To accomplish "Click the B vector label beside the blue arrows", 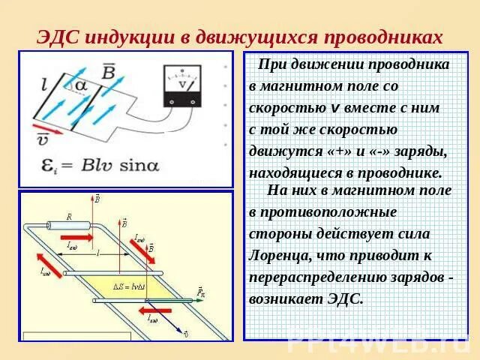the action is click(109, 72).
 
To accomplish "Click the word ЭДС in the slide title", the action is click(58, 37).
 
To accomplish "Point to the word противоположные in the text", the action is click(323, 211).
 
